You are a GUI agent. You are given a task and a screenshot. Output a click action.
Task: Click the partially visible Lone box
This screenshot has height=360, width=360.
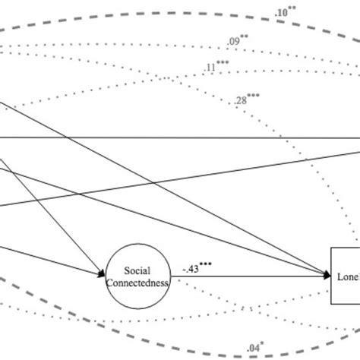345,276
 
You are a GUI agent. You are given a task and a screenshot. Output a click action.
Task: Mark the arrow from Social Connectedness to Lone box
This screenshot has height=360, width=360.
251,275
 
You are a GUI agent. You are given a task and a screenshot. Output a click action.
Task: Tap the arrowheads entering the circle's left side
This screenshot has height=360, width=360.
103,273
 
